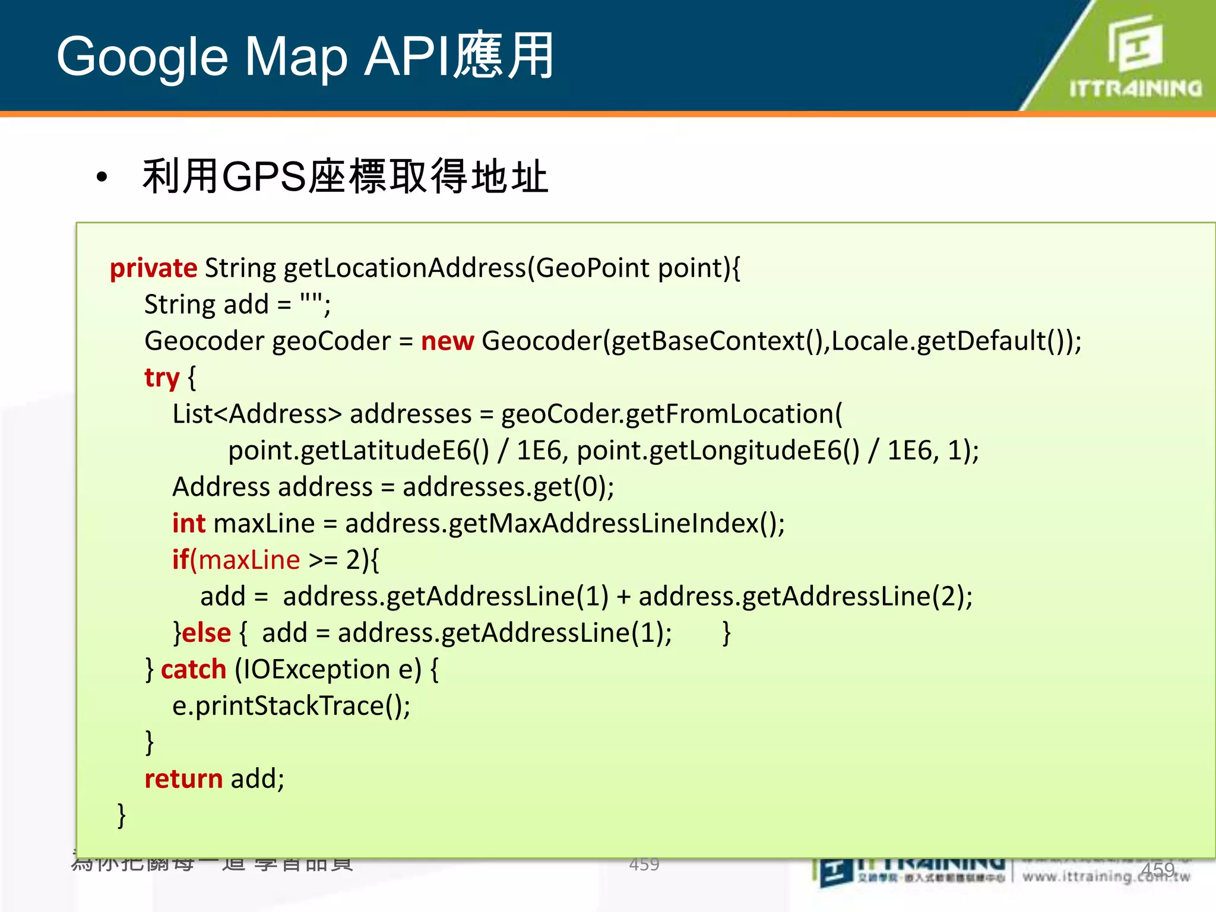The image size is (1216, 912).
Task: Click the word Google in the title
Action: click(x=142, y=58)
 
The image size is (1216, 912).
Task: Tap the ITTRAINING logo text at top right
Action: click(x=1135, y=89)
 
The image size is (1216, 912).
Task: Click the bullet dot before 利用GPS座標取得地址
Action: click(x=102, y=178)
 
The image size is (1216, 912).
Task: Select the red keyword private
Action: click(x=153, y=268)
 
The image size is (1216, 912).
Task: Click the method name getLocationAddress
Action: click(x=405, y=268)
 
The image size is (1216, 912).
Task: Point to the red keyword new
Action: click(x=447, y=341)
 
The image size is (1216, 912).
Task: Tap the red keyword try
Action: click(x=161, y=378)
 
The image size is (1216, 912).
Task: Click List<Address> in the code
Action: click(x=257, y=414)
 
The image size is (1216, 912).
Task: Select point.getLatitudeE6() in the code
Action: click(x=359, y=451)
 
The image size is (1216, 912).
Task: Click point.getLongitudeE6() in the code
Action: click(x=718, y=451)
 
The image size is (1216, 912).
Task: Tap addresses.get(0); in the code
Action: click(x=508, y=487)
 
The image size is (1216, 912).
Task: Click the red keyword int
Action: click(x=188, y=524)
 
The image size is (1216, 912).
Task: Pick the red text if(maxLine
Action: click(x=236, y=560)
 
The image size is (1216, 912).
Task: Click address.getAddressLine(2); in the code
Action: click(x=805, y=597)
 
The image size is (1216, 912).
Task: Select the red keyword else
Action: click(x=206, y=633)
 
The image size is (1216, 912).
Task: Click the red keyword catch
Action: click(x=194, y=670)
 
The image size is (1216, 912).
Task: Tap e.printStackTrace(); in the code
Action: click(x=291, y=706)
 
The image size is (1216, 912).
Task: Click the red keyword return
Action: click(x=183, y=779)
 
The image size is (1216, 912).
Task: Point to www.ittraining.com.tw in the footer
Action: click(x=1106, y=876)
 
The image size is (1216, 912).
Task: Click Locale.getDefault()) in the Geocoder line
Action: click(x=956, y=341)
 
